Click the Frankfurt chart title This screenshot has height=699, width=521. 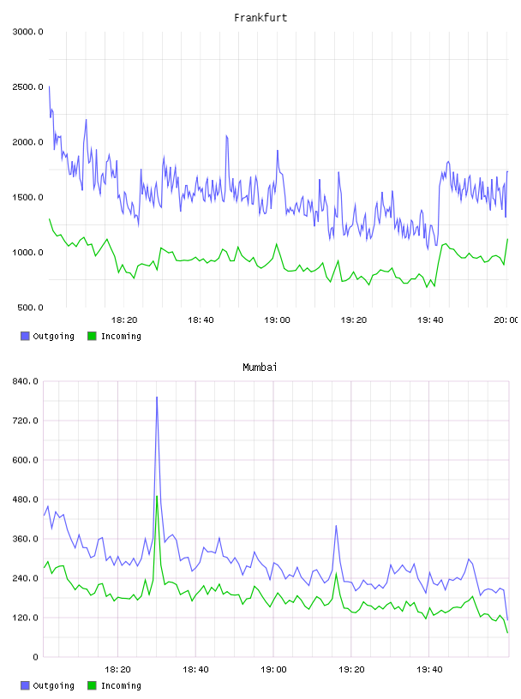(x=260, y=17)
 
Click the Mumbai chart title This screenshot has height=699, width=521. (x=260, y=367)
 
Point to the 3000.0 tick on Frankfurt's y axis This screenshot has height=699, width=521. (x=27, y=32)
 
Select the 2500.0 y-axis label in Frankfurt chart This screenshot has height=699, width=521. (x=27, y=87)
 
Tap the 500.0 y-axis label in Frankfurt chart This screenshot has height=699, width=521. (x=30, y=308)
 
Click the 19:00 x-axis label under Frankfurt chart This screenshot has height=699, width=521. (x=277, y=320)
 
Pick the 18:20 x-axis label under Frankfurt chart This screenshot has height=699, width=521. (x=124, y=320)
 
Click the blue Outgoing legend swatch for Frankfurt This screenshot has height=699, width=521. (x=25, y=336)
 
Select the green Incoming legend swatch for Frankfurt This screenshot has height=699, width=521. (x=92, y=336)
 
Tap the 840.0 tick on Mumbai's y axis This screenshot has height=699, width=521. (x=25, y=381)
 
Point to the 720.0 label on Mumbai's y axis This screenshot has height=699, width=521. (x=25, y=421)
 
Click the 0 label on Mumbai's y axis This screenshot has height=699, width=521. (x=35, y=657)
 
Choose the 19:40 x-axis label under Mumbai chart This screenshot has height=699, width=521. (x=429, y=670)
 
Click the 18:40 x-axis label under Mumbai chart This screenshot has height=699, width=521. (x=195, y=670)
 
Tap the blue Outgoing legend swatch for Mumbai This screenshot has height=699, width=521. (x=25, y=685)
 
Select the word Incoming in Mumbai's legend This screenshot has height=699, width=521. (x=121, y=685)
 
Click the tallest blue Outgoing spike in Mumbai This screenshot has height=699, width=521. (x=157, y=397)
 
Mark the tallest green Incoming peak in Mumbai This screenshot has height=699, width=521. (x=157, y=496)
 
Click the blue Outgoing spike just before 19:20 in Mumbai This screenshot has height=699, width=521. (x=336, y=526)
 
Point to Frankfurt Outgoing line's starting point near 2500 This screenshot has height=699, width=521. (x=49, y=87)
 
